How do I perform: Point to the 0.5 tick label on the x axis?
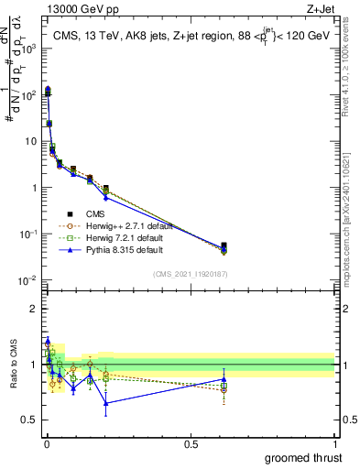(191, 443)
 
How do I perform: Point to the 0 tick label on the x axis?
(47, 443)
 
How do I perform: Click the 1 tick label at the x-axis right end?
(334, 443)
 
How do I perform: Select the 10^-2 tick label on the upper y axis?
(27, 280)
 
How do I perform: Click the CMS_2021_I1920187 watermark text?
(191, 273)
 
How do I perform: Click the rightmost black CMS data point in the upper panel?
(224, 245)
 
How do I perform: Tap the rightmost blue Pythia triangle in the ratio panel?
(224, 378)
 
